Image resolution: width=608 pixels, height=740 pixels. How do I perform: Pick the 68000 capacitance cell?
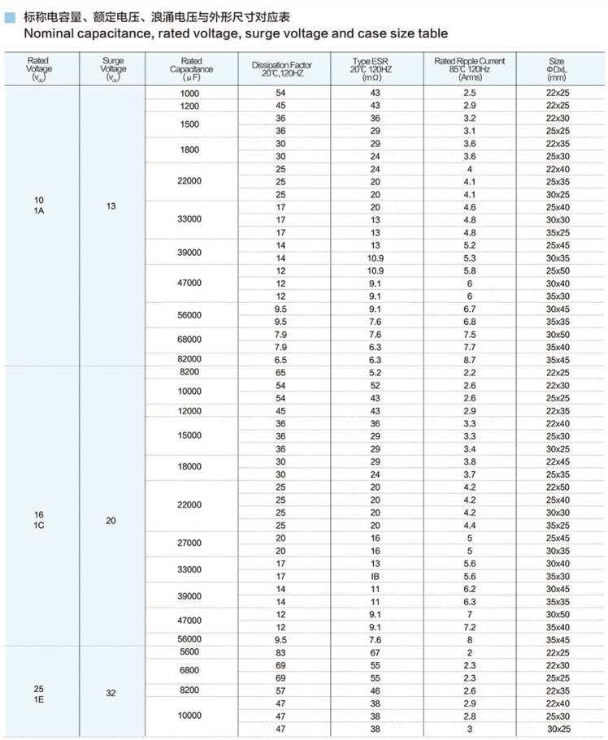tap(189, 340)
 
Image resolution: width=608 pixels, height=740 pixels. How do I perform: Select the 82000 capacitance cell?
tap(189, 359)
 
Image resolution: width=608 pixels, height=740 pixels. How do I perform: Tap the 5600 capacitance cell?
tap(189, 651)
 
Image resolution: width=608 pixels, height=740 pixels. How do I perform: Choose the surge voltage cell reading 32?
tap(111, 695)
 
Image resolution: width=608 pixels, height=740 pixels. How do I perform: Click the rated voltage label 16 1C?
tap(39, 521)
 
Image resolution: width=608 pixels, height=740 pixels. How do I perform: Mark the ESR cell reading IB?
tap(375, 576)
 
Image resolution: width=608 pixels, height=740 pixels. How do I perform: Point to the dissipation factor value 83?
tap(280, 652)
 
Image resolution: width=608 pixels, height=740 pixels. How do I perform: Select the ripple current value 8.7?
tap(469, 359)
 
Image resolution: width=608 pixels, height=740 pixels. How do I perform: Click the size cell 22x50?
tap(558, 487)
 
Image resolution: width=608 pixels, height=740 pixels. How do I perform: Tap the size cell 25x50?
tap(558, 270)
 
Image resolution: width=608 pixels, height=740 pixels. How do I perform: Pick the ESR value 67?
tap(375, 652)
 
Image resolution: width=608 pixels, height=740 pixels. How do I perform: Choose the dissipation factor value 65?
tap(280, 372)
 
